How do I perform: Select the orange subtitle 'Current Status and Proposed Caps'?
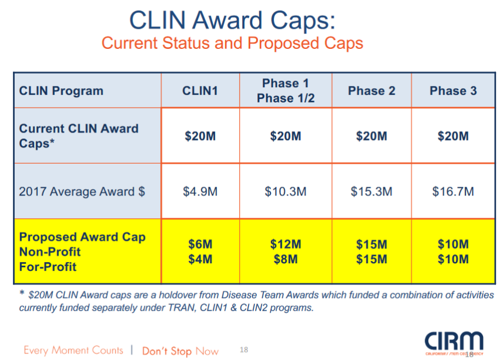232,44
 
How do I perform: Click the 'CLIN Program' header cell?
61,91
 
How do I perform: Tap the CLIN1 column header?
200,91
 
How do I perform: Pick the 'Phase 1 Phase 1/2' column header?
286,91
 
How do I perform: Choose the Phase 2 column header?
372,91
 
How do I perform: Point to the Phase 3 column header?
453,91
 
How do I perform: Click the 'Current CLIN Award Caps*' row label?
79,135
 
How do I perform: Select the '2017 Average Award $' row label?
82,191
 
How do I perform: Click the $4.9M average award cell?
200,191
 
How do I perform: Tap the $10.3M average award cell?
286,191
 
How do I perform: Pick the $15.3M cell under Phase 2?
372,191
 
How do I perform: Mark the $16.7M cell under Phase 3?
453,191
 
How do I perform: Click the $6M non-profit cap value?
200,244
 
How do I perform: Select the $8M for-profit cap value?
286,259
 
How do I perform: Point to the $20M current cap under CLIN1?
200,136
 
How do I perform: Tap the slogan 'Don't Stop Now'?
180,351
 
